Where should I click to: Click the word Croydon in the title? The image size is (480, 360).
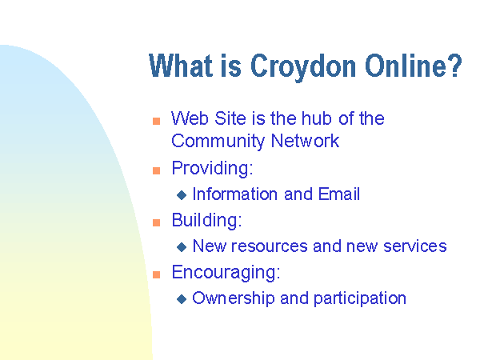coord(303,66)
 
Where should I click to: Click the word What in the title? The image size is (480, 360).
coord(180,66)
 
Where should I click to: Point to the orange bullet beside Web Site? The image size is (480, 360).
coord(156,121)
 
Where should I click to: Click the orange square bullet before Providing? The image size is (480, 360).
coord(156,170)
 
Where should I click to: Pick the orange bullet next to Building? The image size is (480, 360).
coord(156,222)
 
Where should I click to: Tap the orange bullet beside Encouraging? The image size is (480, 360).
coord(156,274)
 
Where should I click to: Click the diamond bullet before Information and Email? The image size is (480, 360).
coord(182,195)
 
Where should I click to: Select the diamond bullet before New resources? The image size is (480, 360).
coord(182,247)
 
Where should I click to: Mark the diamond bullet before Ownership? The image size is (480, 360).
coord(182,299)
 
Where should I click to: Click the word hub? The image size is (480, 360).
coord(317,118)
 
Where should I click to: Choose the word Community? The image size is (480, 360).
coord(218,142)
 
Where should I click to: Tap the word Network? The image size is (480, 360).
coord(306,141)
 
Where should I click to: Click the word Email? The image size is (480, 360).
coord(339,194)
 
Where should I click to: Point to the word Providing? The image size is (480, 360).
coord(213,168)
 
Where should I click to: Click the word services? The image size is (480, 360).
coord(415,246)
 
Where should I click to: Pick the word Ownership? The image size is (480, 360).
coord(234,298)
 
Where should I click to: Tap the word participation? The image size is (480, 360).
coord(360,298)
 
